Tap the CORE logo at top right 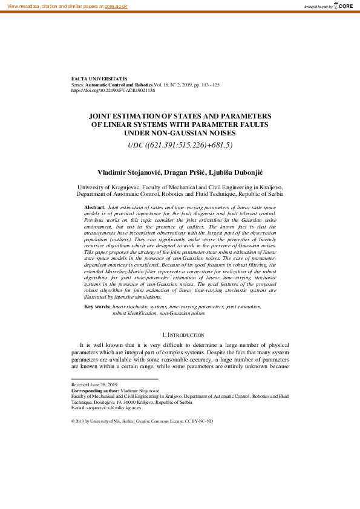[343, 5]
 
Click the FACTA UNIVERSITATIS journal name [99, 79]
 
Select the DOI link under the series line [113, 90]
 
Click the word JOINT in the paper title [103, 115]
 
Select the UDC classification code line [180, 145]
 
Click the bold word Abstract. [94, 207]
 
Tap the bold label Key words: [97, 308]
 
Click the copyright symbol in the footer [73, 421]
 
